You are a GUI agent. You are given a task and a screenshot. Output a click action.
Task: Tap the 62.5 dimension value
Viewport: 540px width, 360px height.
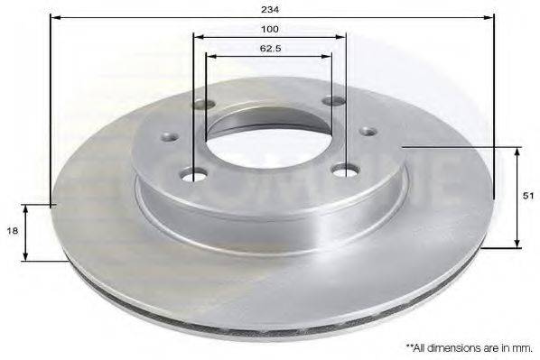coord(268,48)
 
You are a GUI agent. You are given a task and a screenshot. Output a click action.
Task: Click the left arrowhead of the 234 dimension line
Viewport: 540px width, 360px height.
coord(55,17)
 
